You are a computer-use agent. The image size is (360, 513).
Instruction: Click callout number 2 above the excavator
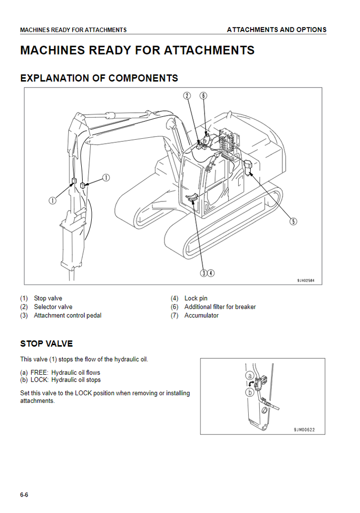(x=187, y=96)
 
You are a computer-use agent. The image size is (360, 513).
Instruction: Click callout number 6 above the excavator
(x=204, y=96)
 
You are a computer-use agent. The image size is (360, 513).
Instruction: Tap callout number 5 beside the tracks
(x=293, y=221)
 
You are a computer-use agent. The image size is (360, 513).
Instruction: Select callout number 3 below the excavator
(x=204, y=273)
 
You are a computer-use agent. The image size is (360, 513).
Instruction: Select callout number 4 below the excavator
(x=211, y=273)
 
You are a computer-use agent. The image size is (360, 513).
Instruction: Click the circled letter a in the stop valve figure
(x=250, y=376)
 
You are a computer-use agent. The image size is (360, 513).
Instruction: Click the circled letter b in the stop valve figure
(x=250, y=392)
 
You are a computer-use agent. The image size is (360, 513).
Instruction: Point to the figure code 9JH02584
(x=306, y=281)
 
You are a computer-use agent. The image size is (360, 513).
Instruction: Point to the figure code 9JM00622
(x=304, y=429)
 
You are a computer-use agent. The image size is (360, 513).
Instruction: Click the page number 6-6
(x=24, y=494)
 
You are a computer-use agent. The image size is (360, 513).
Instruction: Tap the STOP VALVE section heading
(x=47, y=344)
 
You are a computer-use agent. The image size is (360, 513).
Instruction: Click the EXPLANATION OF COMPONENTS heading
(x=99, y=78)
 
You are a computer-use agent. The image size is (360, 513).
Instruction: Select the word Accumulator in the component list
(x=202, y=316)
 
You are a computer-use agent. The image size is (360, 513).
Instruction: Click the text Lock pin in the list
(x=196, y=299)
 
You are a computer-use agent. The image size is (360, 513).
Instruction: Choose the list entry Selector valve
(x=53, y=307)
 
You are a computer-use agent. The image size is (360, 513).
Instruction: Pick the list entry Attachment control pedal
(x=68, y=316)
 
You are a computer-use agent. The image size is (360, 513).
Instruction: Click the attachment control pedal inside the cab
(x=192, y=197)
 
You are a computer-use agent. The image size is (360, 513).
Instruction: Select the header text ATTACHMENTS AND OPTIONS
(x=277, y=30)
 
